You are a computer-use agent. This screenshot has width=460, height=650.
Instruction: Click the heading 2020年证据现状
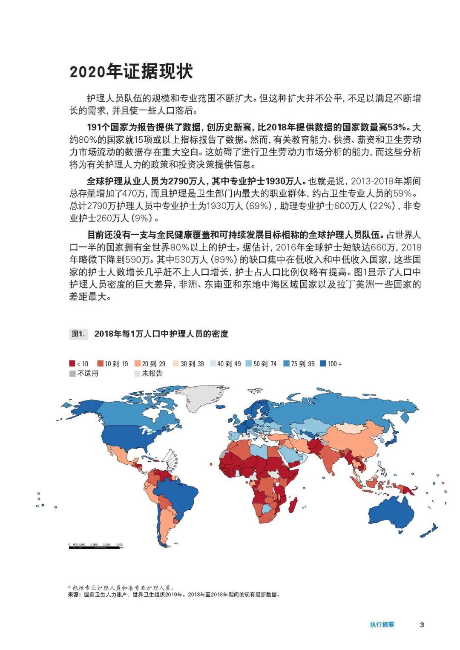(x=131, y=72)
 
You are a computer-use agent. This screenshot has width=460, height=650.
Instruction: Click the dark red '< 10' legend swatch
(x=72, y=364)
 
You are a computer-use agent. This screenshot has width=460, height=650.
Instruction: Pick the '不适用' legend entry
(x=84, y=374)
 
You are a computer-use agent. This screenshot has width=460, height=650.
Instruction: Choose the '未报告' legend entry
(x=148, y=374)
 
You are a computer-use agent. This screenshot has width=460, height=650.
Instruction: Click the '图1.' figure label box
(x=79, y=334)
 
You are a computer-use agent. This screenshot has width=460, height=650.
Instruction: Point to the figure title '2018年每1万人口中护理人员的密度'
(x=161, y=334)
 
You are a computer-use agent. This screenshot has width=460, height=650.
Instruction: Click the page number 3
(x=422, y=625)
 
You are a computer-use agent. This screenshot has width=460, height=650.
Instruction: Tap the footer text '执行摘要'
(x=382, y=625)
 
